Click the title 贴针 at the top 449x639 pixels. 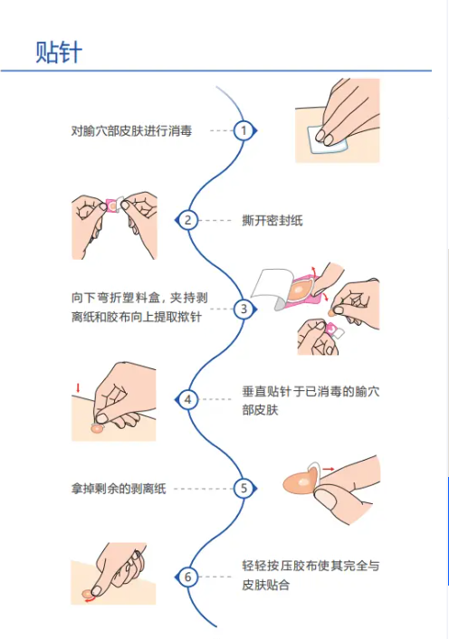(x=59, y=52)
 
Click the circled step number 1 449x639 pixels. (x=244, y=131)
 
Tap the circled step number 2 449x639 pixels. (x=187, y=221)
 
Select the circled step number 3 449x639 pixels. (x=244, y=309)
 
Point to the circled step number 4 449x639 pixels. (x=187, y=399)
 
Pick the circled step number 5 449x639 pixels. (x=244, y=488)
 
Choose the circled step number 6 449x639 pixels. (x=187, y=577)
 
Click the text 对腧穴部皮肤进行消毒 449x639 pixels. (x=131, y=131)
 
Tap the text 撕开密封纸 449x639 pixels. (x=272, y=221)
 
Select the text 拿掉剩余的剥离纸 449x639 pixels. (x=119, y=489)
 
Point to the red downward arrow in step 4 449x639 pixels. (x=78, y=388)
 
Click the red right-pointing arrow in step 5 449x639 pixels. (x=329, y=470)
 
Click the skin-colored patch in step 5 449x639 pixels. (x=301, y=482)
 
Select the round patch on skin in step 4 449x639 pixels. (x=97, y=429)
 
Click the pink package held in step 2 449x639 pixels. (x=111, y=206)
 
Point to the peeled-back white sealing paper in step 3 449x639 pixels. (x=271, y=287)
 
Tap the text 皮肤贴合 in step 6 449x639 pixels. (x=266, y=586)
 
